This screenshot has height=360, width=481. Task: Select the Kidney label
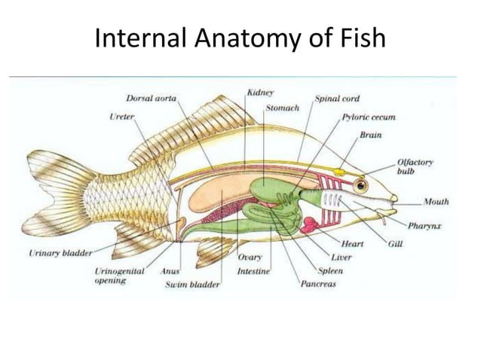(x=260, y=93)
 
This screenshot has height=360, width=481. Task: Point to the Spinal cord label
(x=337, y=98)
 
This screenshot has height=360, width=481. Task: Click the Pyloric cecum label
(x=369, y=117)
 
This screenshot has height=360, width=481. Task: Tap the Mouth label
(x=437, y=202)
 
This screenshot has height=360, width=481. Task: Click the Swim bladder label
(x=192, y=285)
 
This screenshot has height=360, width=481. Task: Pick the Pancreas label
(x=318, y=284)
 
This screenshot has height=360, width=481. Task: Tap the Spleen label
(x=329, y=270)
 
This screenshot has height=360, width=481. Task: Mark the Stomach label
(x=283, y=108)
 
